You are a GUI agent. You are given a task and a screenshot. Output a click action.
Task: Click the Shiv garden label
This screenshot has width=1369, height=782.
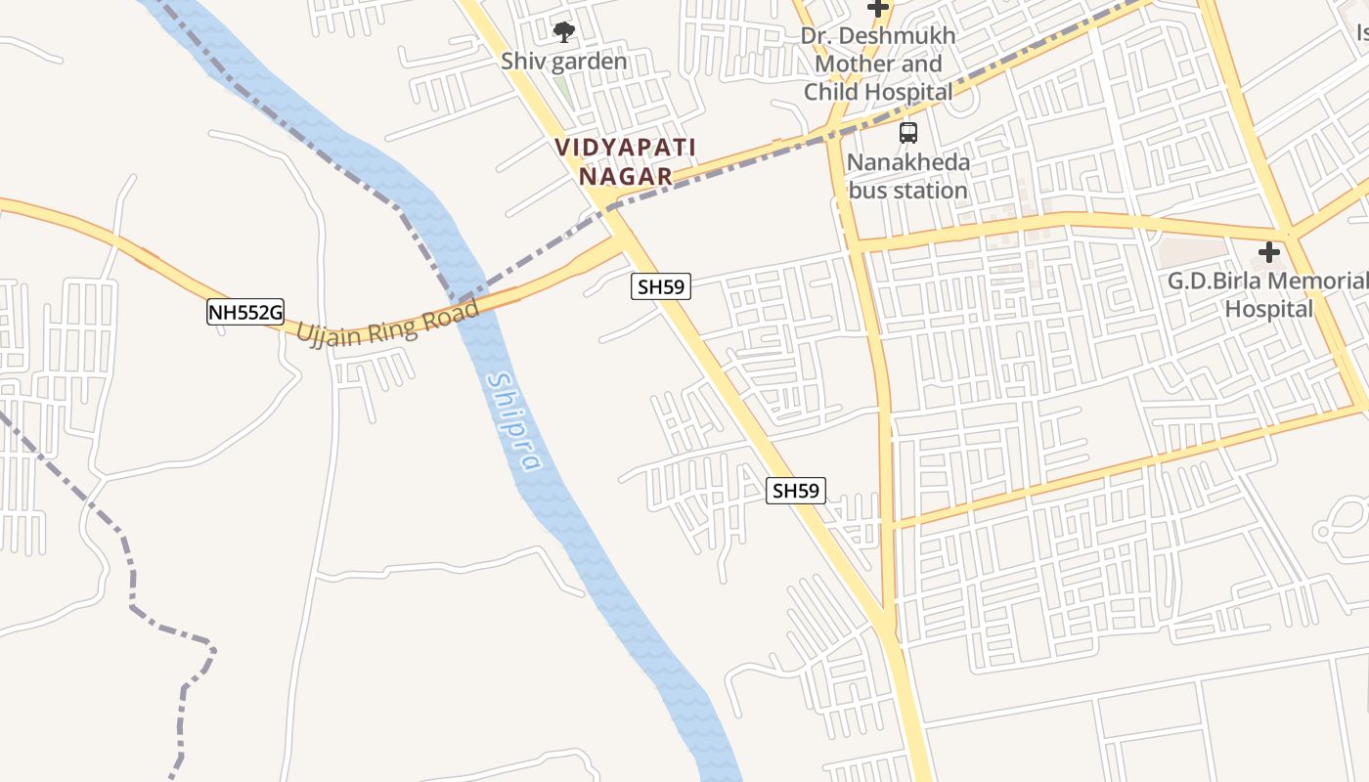564,61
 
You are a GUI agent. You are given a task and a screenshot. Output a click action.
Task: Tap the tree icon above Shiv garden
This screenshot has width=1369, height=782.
564,32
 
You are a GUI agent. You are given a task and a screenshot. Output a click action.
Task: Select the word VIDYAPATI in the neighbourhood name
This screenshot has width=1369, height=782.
626,148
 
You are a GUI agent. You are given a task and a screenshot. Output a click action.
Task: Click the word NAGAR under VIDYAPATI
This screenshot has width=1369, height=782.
626,176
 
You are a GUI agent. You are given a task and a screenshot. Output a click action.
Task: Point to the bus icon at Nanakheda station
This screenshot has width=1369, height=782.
908,132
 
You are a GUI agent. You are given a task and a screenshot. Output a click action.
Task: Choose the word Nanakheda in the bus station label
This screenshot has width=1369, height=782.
908,162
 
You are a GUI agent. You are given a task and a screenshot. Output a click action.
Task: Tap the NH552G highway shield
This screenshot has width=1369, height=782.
245,313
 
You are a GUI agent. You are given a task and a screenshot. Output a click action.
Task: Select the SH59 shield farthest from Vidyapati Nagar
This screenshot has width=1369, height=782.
795,491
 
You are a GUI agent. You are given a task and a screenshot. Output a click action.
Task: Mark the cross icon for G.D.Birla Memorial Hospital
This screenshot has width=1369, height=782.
1269,253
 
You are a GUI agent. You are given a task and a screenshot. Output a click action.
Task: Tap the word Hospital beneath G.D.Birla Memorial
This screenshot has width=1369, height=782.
1269,309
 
